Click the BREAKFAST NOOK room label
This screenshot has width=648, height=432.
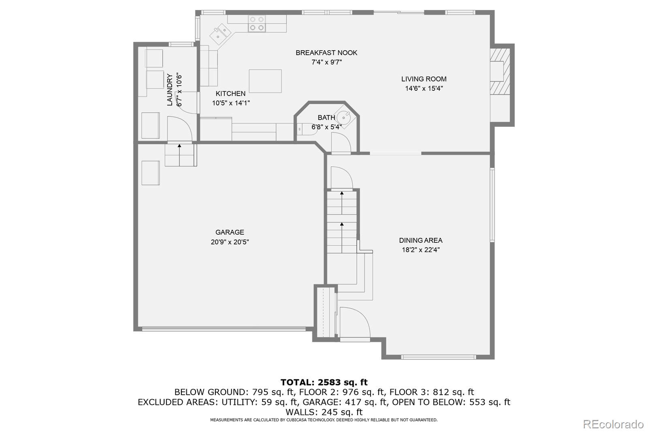tap(326, 53)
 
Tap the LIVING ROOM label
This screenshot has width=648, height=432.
tap(424, 79)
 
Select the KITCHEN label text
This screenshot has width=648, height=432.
tap(230, 94)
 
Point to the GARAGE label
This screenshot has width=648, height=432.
tap(230, 232)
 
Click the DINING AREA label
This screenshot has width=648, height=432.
tap(421, 240)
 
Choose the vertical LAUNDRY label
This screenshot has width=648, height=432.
tap(170, 90)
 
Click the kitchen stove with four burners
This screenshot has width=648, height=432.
tap(257, 24)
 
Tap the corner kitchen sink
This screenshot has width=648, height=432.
tap(220, 34)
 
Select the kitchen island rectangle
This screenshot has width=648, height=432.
tap(265, 81)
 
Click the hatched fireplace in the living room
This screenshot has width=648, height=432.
tap(500, 71)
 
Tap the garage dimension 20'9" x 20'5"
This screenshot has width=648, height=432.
tap(230, 242)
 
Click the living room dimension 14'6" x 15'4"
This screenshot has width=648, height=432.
tap(424, 88)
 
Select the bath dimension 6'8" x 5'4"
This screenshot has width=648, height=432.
tap(326, 127)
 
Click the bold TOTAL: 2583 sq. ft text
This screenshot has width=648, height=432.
tap(324, 383)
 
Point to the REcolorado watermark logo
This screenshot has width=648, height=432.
tap(613, 424)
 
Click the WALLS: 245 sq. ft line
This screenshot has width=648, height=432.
tap(324, 412)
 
